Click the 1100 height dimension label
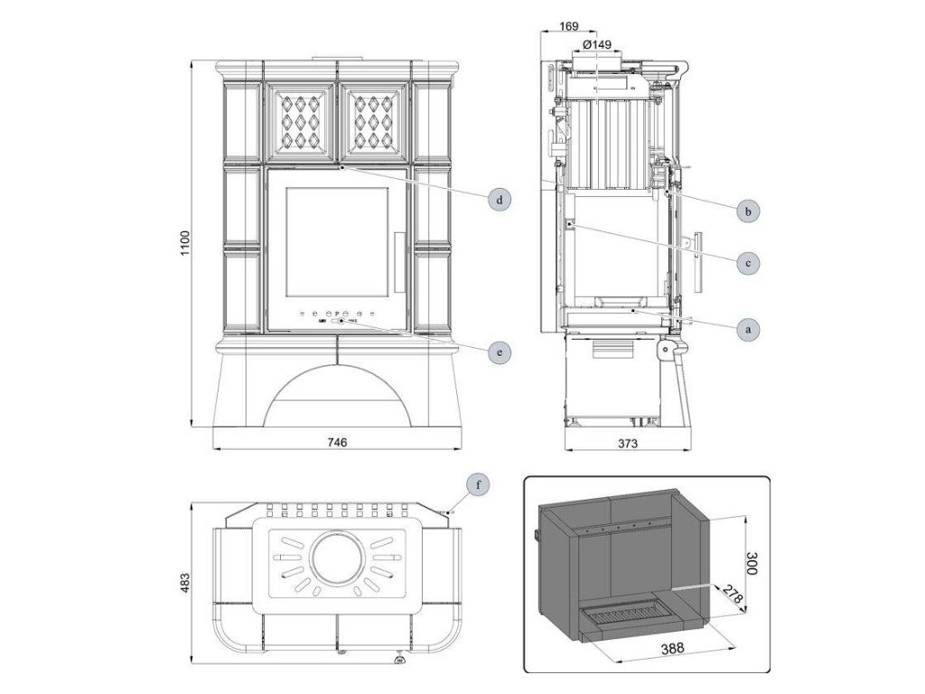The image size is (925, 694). tap(184, 243)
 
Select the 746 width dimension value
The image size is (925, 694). tap(336, 442)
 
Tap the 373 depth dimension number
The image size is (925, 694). tap(628, 442)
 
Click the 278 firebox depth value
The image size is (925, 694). tap(733, 597)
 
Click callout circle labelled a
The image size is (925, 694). tap(746, 330)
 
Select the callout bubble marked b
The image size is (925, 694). tap(746, 211)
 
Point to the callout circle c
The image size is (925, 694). tap(746, 263)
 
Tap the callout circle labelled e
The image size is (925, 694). tap(498, 350)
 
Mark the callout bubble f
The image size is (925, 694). tap(480, 484)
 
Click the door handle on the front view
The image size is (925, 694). tap(399, 262)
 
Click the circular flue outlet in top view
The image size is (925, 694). tap(337, 552)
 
